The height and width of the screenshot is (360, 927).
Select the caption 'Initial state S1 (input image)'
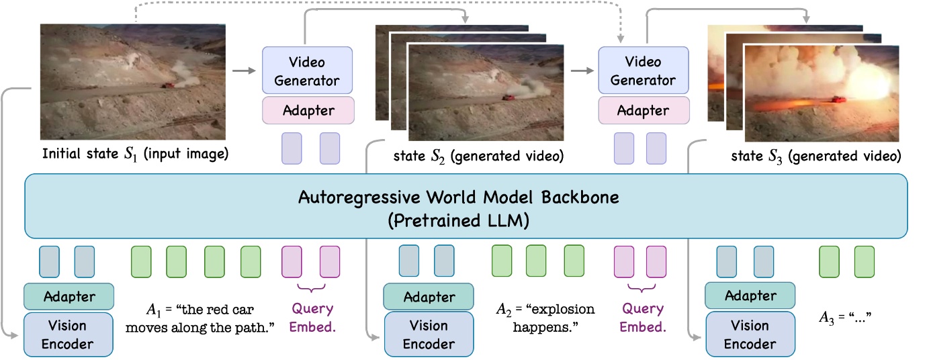(135, 154)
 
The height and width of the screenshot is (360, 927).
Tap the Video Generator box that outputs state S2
(307, 71)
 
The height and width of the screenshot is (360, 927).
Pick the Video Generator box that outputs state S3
(643, 71)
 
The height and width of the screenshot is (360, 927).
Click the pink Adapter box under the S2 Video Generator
(307, 110)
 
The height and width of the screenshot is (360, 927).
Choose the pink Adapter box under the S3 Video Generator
(643, 110)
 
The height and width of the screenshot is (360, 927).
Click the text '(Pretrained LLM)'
(464, 219)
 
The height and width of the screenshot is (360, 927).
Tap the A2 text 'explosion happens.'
(545, 318)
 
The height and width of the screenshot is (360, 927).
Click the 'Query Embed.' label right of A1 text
(312, 318)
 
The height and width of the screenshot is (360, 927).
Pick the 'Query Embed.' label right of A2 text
(642, 318)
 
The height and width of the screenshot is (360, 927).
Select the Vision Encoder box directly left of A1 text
(68, 335)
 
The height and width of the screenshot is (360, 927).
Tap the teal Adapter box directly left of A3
(750, 296)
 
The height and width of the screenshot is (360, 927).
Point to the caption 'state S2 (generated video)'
(478, 156)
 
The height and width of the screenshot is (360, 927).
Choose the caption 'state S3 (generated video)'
(815, 156)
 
